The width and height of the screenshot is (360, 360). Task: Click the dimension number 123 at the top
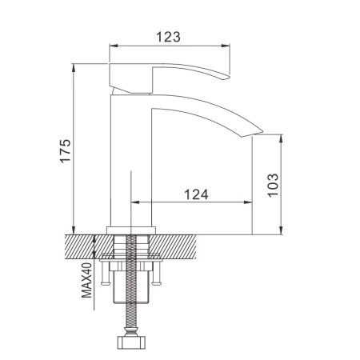tap(167, 37)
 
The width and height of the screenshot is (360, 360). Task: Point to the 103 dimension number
tap(273, 185)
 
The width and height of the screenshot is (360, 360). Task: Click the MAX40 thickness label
tap(87, 277)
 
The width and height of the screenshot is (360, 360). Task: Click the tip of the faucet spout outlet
tap(258, 130)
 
